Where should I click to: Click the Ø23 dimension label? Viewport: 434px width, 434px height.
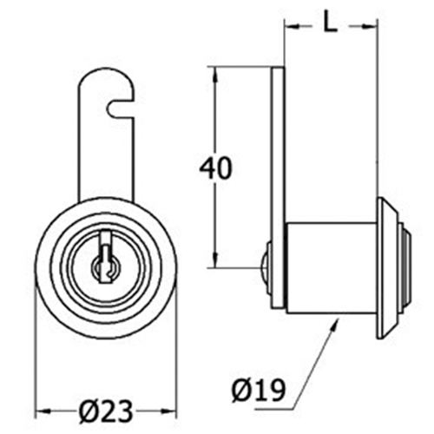click(106, 411)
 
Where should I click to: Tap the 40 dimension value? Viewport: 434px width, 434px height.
click(216, 168)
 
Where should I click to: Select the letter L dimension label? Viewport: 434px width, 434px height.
click(330, 26)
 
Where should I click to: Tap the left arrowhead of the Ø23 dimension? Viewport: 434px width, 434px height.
click(43, 411)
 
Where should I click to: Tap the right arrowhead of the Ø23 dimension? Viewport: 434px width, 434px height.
click(168, 411)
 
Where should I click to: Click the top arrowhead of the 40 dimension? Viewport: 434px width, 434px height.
click(214, 75)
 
